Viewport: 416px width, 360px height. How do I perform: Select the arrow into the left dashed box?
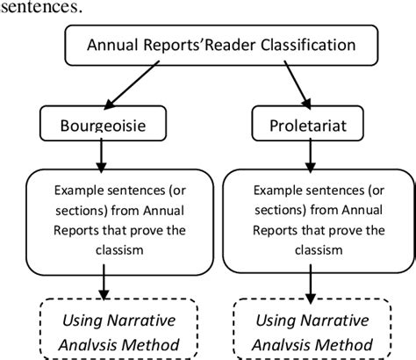(106, 286)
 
